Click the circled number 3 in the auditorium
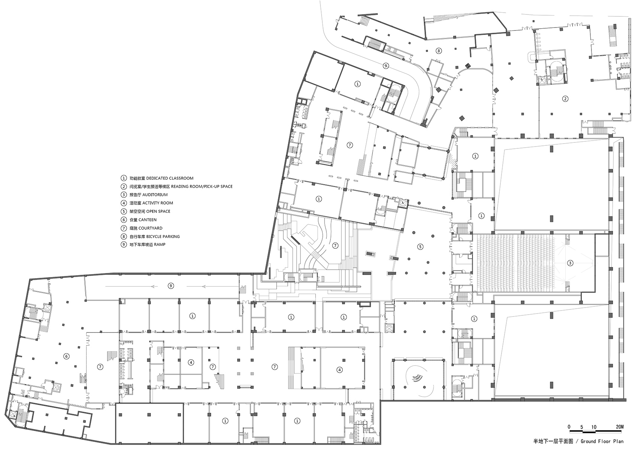570,263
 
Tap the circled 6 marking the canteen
67,356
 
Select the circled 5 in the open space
420,246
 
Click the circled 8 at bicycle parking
439,51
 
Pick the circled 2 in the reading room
565,99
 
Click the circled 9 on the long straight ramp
171,286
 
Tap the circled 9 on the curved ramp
386,66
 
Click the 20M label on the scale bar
619,427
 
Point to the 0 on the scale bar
569,427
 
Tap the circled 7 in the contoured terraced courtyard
335,245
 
